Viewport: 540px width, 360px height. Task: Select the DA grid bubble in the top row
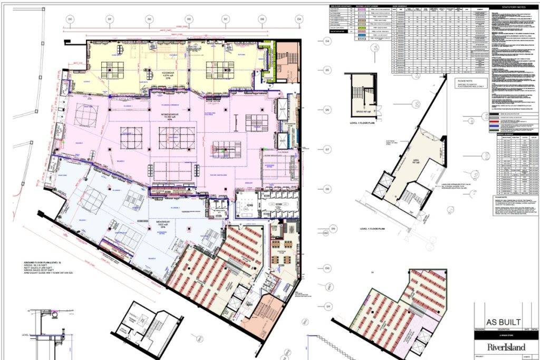(x=299, y=19)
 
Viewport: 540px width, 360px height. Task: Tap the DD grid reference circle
(x=188, y=19)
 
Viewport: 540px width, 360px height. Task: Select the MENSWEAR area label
(x=162, y=208)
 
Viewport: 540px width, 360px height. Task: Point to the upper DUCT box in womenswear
(x=282, y=105)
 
